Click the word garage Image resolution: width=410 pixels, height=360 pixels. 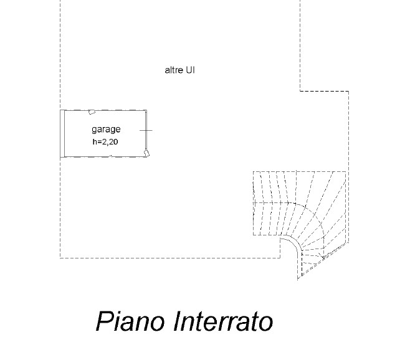pyautogui.click(x=106, y=130)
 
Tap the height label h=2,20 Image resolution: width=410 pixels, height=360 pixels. pyautogui.click(x=105, y=141)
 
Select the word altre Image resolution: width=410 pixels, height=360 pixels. pyautogui.click(x=173, y=70)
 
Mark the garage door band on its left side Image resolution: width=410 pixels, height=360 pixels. pyautogui.click(x=63, y=133)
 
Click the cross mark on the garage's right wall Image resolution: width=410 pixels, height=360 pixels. pyautogui.click(x=146, y=130)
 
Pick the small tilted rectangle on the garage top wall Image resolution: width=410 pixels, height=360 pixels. pyautogui.click(x=92, y=112)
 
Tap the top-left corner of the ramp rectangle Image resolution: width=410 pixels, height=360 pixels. pyautogui.click(x=254, y=172)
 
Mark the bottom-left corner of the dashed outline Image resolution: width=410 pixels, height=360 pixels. pyautogui.click(x=60, y=257)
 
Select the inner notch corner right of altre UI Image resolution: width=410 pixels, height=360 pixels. pyautogui.click(x=300, y=91)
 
